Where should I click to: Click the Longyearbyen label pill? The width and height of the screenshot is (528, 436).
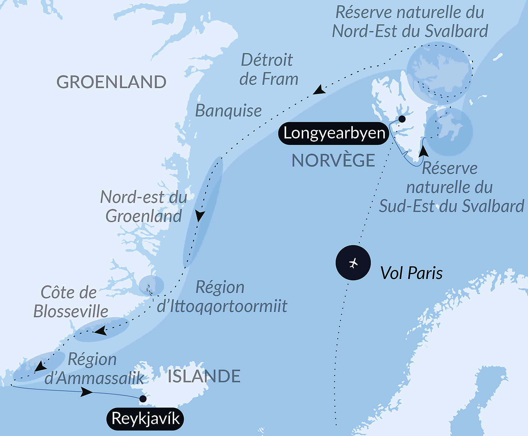tap(334, 133)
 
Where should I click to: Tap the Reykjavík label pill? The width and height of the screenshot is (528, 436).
tap(145, 419)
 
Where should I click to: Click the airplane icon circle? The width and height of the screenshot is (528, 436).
tap(353, 263)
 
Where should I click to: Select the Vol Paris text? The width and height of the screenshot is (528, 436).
tap(411, 273)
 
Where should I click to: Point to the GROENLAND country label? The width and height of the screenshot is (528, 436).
tap(111, 82)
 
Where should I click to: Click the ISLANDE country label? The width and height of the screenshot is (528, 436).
tap(204, 376)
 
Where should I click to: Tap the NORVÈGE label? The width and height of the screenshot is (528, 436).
tap(333, 160)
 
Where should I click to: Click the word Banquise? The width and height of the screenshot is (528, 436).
tap(228, 111)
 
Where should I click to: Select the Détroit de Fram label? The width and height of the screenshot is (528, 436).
tap(268, 69)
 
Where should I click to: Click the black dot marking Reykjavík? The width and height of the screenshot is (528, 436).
tap(143, 399)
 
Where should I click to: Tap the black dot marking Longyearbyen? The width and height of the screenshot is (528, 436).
tap(402, 119)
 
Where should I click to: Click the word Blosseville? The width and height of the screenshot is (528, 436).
tap(71, 311)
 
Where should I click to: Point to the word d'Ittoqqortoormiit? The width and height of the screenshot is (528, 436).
tap(222, 306)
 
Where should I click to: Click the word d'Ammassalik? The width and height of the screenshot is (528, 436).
tap(94, 378)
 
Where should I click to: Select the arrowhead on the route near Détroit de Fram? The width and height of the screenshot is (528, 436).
tap(319, 90)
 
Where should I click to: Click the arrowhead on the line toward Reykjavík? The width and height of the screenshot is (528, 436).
tap(87, 392)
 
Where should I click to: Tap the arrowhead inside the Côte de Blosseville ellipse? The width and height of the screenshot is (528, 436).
tap(100, 331)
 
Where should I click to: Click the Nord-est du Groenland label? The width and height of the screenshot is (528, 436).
tap(144, 207)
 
